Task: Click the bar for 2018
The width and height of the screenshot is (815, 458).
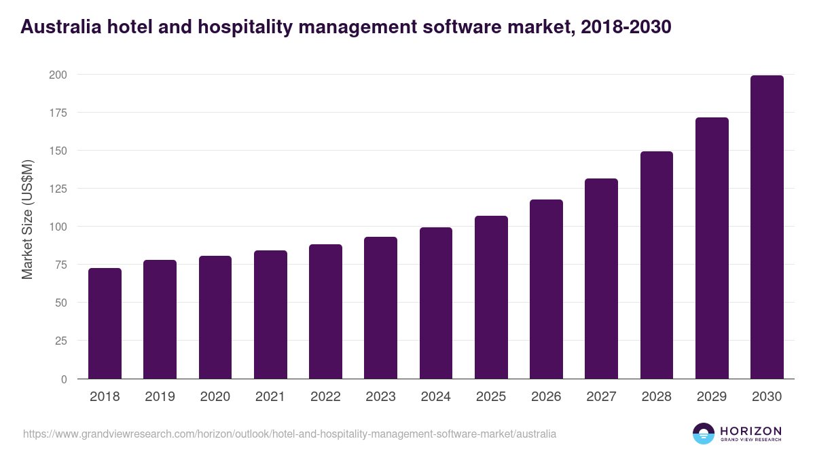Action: tap(105, 324)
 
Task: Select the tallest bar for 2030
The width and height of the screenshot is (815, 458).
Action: tap(767, 227)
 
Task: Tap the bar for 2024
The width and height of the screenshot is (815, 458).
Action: tap(436, 303)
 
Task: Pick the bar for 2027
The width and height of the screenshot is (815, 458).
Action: tap(601, 279)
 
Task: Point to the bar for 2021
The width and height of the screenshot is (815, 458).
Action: tap(270, 315)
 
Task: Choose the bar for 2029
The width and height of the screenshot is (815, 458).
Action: tap(712, 248)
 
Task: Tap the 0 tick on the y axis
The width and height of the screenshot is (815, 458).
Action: tap(63, 379)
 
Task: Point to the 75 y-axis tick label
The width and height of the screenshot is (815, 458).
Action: tap(60, 265)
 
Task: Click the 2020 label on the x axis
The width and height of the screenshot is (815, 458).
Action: tap(215, 397)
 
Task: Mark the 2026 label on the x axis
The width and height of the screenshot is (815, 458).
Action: tap(546, 397)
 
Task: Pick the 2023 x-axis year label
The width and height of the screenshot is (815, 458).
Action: tap(380, 397)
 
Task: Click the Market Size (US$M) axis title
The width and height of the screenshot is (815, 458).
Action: tap(27, 220)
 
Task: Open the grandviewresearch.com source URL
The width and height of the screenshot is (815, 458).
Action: tap(289, 434)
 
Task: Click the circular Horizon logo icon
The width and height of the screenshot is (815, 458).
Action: tap(704, 434)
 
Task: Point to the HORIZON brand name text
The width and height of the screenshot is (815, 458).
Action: tap(750, 431)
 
